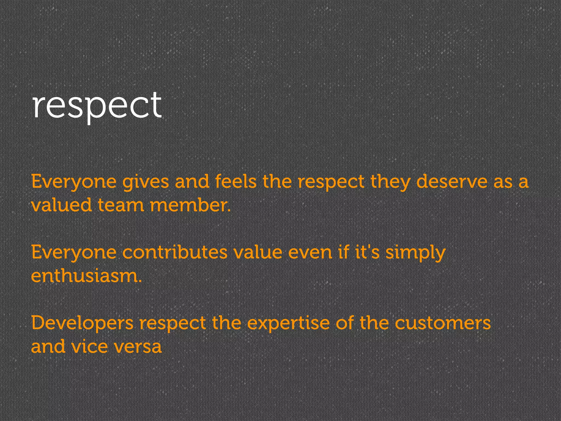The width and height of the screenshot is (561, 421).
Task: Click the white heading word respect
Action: point(97,106)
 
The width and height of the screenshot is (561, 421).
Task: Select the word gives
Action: point(145,182)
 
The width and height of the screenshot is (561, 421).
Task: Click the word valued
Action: point(61,205)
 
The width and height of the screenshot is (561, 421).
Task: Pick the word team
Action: point(121,205)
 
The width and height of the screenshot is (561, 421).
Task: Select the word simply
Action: point(416,253)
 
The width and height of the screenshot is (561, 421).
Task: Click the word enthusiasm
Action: point(86,276)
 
